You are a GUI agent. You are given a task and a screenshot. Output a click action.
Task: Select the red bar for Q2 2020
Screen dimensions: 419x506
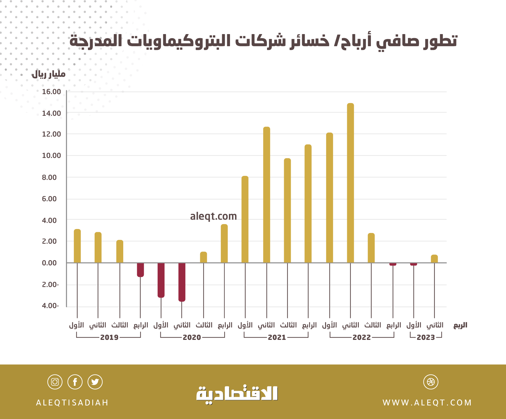[182, 282]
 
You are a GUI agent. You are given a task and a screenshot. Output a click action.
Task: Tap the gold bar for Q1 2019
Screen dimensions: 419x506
[77, 246]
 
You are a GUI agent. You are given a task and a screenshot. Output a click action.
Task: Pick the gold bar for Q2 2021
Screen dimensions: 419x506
[266, 195]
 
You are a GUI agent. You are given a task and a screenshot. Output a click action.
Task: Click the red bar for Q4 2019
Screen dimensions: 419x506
[140, 270]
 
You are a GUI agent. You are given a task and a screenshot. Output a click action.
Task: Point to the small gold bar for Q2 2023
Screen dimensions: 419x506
[434, 259]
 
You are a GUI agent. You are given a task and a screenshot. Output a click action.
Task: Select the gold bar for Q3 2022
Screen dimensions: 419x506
[371, 248]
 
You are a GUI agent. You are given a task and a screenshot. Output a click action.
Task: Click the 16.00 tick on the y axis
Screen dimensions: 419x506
[51, 92]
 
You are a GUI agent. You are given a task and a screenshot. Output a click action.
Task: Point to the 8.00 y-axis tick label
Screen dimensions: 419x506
[49, 177]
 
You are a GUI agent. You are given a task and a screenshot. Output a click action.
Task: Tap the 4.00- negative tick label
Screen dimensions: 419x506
[50, 306]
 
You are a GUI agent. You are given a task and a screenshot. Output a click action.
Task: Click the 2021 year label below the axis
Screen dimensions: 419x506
[277, 337]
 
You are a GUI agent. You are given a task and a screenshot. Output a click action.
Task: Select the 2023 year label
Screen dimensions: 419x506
[426, 337]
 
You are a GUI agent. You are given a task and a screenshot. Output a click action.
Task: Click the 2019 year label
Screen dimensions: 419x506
[109, 337]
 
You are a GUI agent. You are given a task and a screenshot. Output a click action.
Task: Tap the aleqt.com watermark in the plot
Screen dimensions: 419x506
[213, 216]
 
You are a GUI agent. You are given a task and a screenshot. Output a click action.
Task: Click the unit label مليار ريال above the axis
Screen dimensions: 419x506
[49, 74]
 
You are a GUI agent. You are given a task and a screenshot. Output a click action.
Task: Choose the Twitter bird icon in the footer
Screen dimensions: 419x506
[95, 382]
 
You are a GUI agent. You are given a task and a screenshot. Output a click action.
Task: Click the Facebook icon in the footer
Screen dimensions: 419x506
[75, 382]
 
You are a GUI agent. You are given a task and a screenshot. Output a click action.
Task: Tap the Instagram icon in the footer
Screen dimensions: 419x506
[55, 382]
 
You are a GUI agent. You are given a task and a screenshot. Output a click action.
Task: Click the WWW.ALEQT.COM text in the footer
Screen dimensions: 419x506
[427, 403]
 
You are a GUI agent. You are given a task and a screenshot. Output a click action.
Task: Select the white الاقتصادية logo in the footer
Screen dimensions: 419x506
[237, 394]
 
